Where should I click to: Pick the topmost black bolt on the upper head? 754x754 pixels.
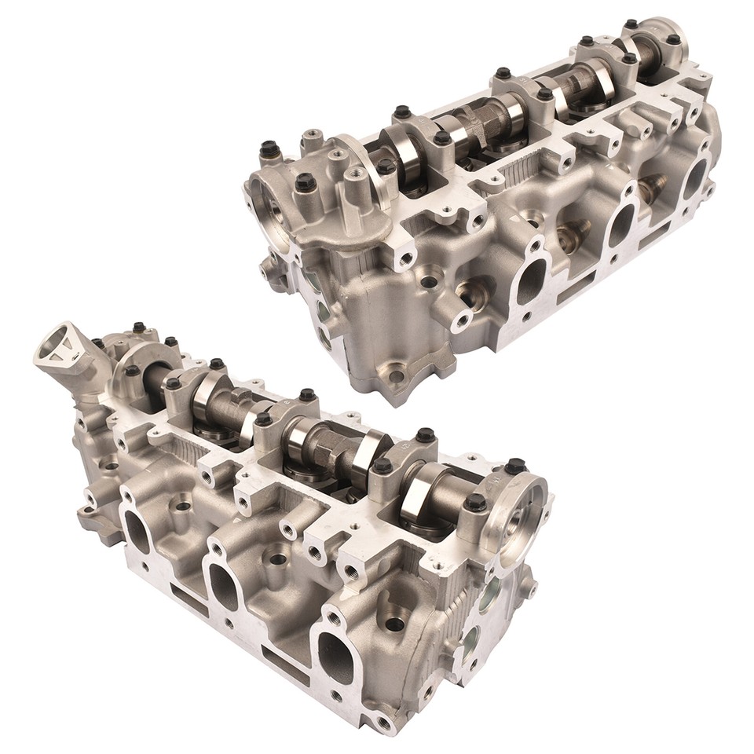(631, 24)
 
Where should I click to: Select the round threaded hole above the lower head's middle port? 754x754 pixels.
(277, 559)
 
